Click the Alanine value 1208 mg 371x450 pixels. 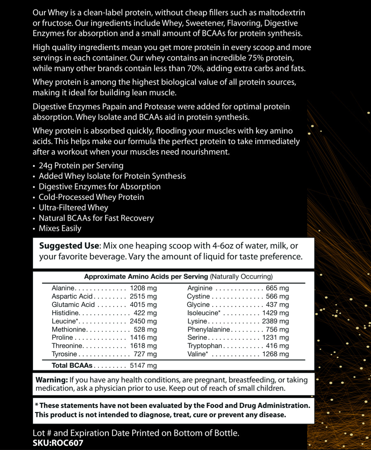tap(143, 288)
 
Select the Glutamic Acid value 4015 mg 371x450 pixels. tap(143, 305)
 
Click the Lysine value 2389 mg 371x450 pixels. tap(275, 321)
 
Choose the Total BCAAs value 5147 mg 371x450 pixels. tap(143, 365)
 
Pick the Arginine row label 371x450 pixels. tap(200, 288)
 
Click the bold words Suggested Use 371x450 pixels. tap(69, 246)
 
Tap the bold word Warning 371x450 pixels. tap(52, 380)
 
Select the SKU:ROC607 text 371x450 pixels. tap(58, 443)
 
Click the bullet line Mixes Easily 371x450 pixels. tap(60, 228)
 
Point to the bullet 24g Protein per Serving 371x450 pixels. tap(81, 166)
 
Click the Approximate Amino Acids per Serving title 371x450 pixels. tap(146, 276)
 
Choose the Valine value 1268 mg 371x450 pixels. tap(275, 354)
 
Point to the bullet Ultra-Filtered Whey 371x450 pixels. tap(73, 208)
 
